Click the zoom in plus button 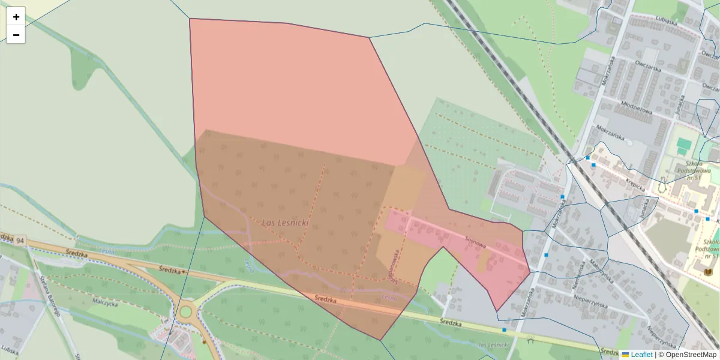[x=16, y=17]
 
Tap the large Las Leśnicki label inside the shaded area [x=286, y=223]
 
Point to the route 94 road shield [x=20, y=241]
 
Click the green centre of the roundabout [x=185, y=311]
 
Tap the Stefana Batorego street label [x=44, y=297]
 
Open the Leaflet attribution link [x=641, y=355]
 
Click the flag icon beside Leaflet [x=625, y=355]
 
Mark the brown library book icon [x=709, y=272]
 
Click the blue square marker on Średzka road [x=504, y=330]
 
